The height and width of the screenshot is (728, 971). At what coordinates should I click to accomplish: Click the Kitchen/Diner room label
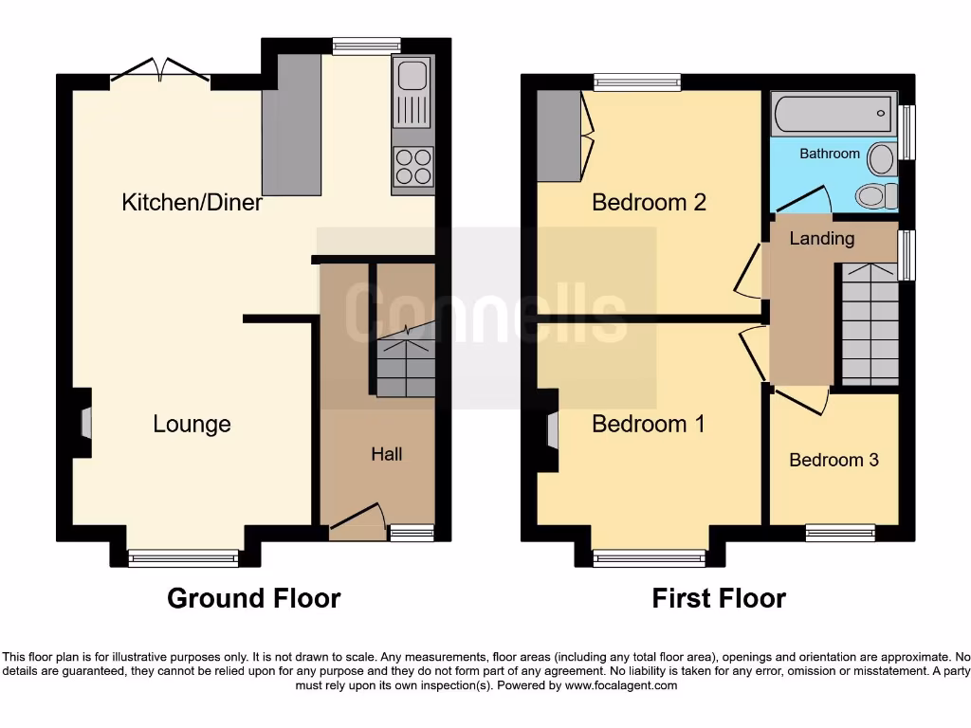pos(192,202)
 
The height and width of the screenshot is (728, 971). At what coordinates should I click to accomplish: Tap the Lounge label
pos(192,424)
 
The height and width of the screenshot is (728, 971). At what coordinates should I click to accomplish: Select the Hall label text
pos(386,454)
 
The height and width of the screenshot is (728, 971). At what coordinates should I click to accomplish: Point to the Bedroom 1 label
pos(649,424)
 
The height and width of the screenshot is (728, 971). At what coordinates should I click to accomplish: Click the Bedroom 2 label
pos(649,202)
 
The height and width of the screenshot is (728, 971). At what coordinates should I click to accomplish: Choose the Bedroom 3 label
pos(834,460)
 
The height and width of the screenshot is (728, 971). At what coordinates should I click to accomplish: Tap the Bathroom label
pos(830,154)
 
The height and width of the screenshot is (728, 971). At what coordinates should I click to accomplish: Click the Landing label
pos(821,238)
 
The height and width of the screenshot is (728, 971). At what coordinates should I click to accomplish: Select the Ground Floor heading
pos(253,598)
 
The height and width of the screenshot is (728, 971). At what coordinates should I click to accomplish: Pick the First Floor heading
pos(719,598)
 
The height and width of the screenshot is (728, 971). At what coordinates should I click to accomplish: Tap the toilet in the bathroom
pos(877,196)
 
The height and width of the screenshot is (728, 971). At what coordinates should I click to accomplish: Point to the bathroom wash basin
pos(882,158)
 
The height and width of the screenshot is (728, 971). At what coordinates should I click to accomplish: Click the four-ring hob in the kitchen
pos(413,168)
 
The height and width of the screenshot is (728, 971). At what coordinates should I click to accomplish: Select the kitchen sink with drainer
pos(413,93)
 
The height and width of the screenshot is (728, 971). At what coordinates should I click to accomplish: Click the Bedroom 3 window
pos(840,533)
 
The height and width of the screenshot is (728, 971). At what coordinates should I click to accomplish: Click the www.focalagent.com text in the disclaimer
pos(620,685)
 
